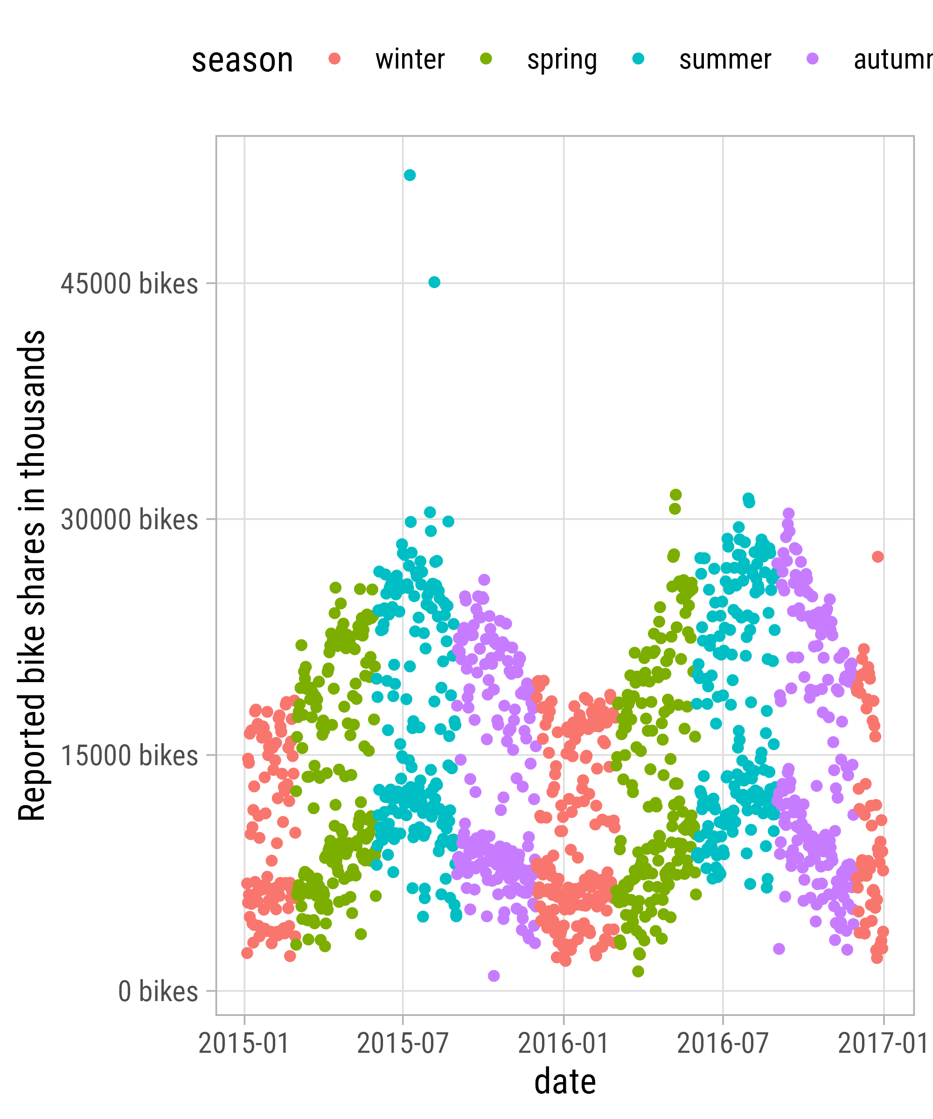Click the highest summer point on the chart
point(410,175)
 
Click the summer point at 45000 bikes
point(434,282)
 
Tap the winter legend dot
point(335,59)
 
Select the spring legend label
point(562,60)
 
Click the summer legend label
point(725,60)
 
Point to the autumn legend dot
point(813,59)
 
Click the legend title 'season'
point(243,60)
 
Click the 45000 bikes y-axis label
point(130,283)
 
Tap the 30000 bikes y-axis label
point(130,519)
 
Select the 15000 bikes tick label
point(130,756)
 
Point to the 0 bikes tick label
point(158,992)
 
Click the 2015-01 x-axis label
point(244,1043)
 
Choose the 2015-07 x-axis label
point(403,1043)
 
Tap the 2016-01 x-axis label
point(564,1043)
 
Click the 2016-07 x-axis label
point(723,1043)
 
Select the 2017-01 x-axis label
point(882,1043)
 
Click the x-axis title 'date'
point(565,1082)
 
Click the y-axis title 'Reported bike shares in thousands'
point(32,575)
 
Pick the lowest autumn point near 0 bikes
point(494,976)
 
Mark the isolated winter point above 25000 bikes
point(877,557)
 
